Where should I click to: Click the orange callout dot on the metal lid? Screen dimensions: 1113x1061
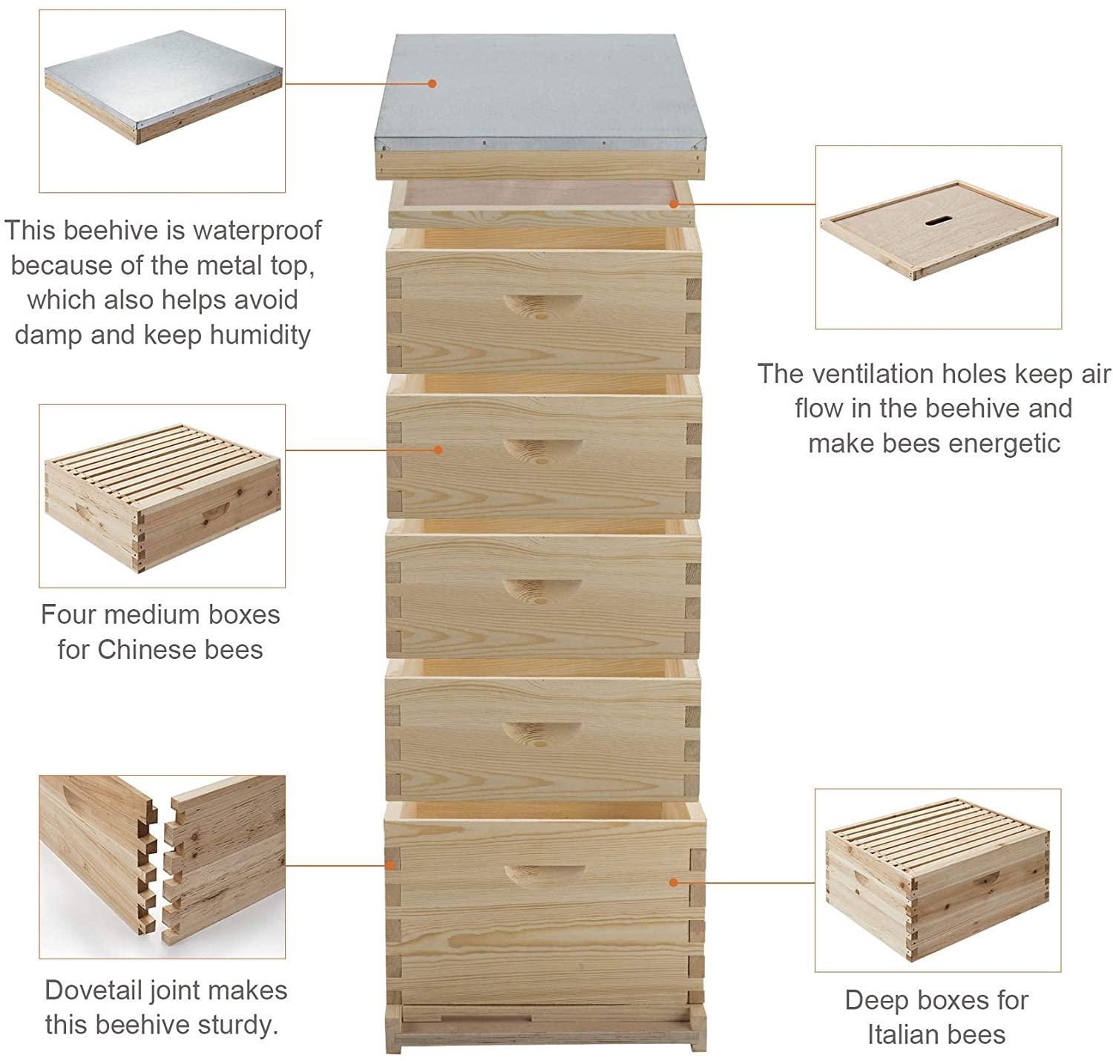point(432,84)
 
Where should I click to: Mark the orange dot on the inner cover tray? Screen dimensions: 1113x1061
point(673,204)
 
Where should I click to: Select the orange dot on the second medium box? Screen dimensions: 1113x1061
point(438,450)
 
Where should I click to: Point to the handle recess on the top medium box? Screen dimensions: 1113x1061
point(542,306)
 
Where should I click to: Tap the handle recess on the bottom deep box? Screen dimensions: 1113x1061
point(544,876)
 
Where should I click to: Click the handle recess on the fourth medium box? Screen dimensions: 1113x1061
point(542,734)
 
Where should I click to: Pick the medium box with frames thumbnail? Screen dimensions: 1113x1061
point(162,498)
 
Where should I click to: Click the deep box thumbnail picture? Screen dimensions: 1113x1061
point(937,879)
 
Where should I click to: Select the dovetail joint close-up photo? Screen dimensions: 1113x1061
point(162,867)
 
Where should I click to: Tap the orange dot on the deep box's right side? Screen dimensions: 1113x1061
point(673,882)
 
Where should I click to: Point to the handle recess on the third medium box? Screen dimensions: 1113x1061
point(542,591)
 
